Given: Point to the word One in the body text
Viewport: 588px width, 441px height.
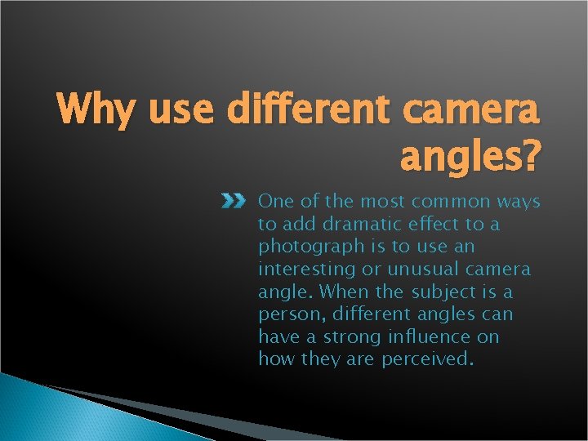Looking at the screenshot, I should (274, 201).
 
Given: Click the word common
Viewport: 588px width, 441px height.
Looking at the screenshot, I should (442, 201).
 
